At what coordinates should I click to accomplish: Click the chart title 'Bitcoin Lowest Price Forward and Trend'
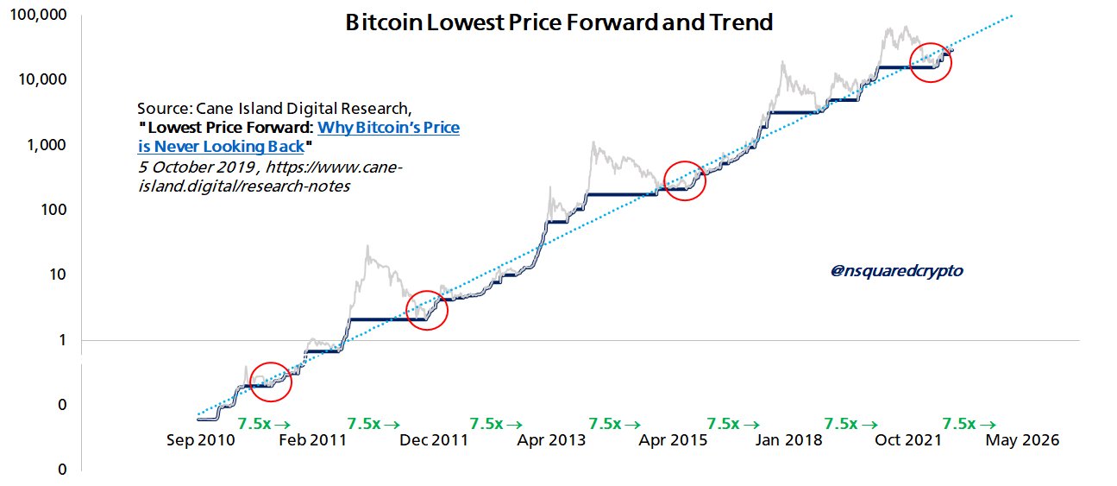[x=558, y=23]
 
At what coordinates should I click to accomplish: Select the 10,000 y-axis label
[x=43, y=79]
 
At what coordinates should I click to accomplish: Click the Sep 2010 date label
[x=198, y=440]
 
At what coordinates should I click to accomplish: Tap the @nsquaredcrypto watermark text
[x=896, y=271]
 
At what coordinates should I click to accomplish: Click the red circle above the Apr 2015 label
[x=685, y=180]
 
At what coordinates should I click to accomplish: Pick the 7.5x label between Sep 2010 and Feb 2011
[x=264, y=423]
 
